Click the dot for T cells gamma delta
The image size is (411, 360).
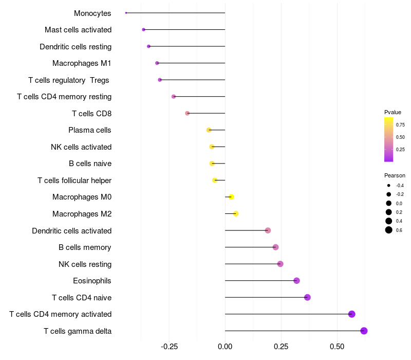(364, 331)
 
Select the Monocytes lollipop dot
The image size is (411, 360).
(126, 13)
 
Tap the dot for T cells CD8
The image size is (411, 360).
(187, 113)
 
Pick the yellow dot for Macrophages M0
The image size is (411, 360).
(231, 197)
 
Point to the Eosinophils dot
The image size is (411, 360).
(296, 281)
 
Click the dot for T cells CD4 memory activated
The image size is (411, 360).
(351, 314)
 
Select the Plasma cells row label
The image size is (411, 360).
(90, 130)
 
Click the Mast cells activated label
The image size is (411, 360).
(78, 30)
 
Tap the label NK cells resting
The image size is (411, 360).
(85, 264)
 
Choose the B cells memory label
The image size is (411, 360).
(85, 247)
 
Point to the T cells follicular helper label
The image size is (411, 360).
(74, 181)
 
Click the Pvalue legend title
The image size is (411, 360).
(393, 112)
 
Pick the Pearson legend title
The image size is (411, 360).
(395, 175)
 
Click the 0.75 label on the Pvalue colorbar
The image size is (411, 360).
(400, 124)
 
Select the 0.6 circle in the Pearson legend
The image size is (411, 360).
(389, 230)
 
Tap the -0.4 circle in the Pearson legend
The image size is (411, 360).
(389, 185)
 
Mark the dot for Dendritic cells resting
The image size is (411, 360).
(148, 46)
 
